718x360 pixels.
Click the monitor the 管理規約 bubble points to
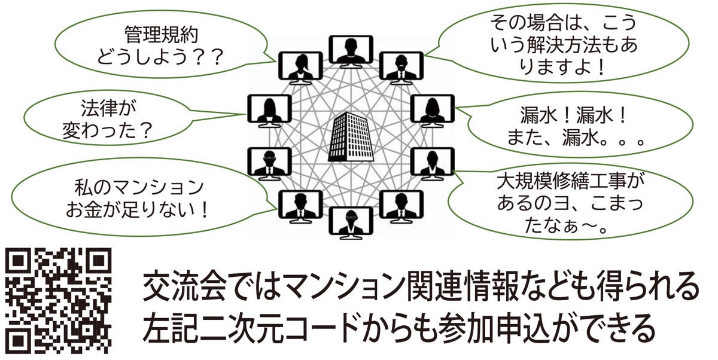(x=299, y=65)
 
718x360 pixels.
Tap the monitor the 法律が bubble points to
(x=268, y=111)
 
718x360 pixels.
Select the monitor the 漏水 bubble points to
(x=433, y=111)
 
